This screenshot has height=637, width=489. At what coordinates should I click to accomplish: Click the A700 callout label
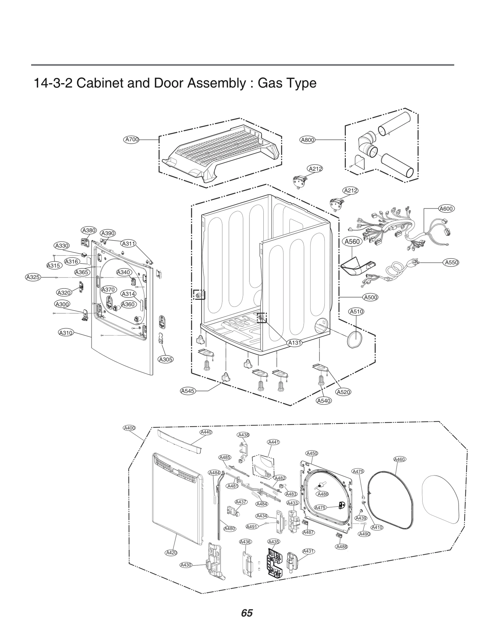pyautogui.click(x=132, y=140)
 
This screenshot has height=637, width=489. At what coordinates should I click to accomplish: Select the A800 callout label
pyautogui.click(x=307, y=140)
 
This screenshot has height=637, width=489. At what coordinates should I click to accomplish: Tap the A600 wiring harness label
pyautogui.click(x=446, y=209)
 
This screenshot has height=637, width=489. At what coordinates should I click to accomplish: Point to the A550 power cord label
pyautogui.click(x=451, y=262)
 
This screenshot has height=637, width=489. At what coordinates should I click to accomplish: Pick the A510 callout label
pyautogui.click(x=356, y=311)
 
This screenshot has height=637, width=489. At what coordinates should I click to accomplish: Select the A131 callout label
pyautogui.click(x=295, y=343)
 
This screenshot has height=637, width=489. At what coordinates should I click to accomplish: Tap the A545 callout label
pyautogui.click(x=187, y=391)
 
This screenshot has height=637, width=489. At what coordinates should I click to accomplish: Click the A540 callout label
pyautogui.click(x=324, y=401)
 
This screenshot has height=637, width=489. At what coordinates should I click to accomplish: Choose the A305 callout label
pyautogui.click(x=166, y=359)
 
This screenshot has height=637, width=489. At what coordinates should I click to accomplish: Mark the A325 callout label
pyautogui.click(x=33, y=277)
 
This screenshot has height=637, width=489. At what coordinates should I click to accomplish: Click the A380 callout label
pyautogui.click(x=89, y=230)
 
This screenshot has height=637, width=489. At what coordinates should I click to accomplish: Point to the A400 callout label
pyautogui.click(x=129, y=428)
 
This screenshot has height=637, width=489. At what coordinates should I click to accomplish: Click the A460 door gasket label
pyautogui.click(x=399, y=459)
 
